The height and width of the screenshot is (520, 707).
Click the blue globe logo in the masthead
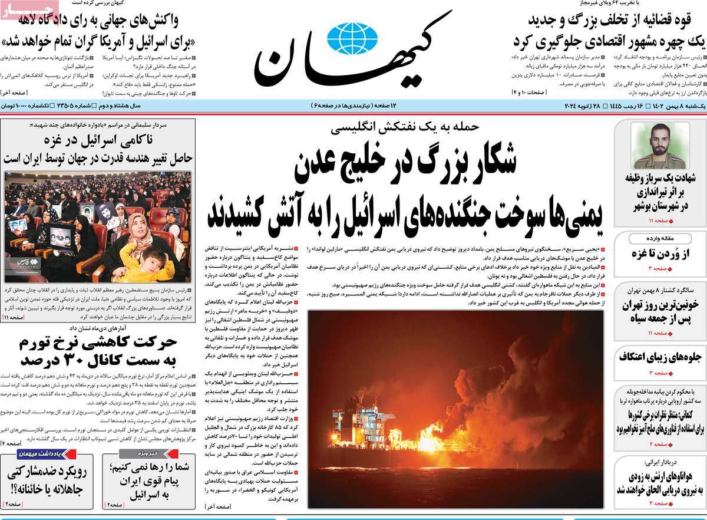click(352, 38)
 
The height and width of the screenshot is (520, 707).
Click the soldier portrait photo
click(659, 145)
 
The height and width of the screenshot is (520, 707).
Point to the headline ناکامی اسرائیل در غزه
click(98, 140)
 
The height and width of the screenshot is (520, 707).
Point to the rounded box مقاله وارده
click(659, 239)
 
